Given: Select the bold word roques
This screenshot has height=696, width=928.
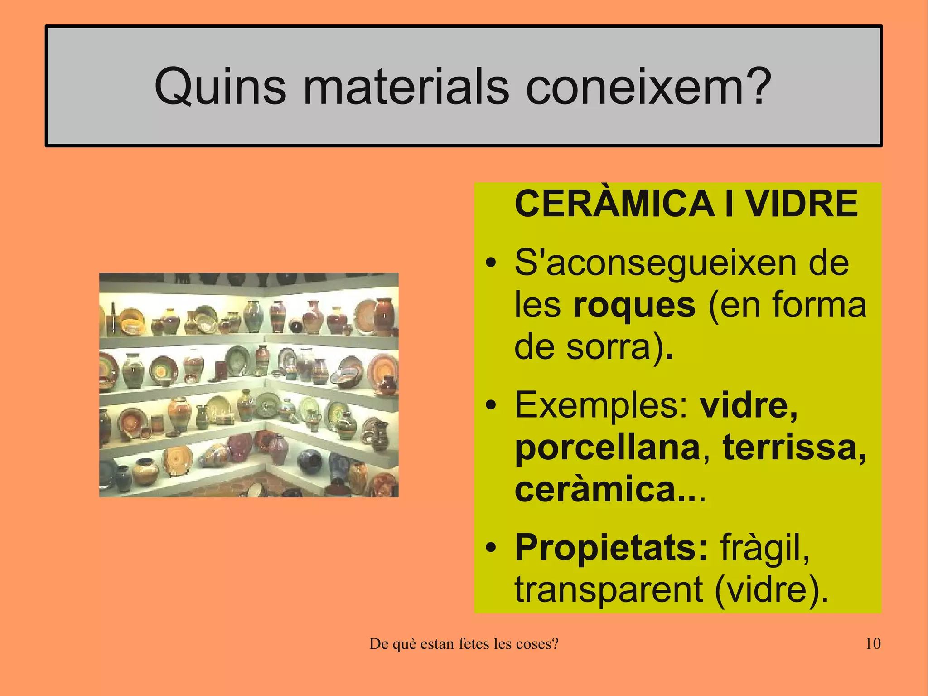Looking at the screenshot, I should pos(634,305).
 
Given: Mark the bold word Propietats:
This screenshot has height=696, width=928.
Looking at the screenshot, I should pos(611,547).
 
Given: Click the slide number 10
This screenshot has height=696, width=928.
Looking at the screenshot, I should pos(873,644).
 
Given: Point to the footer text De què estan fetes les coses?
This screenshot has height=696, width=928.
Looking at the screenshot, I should pos(464,644).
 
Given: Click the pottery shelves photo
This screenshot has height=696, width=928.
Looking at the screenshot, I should pos(249,385).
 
